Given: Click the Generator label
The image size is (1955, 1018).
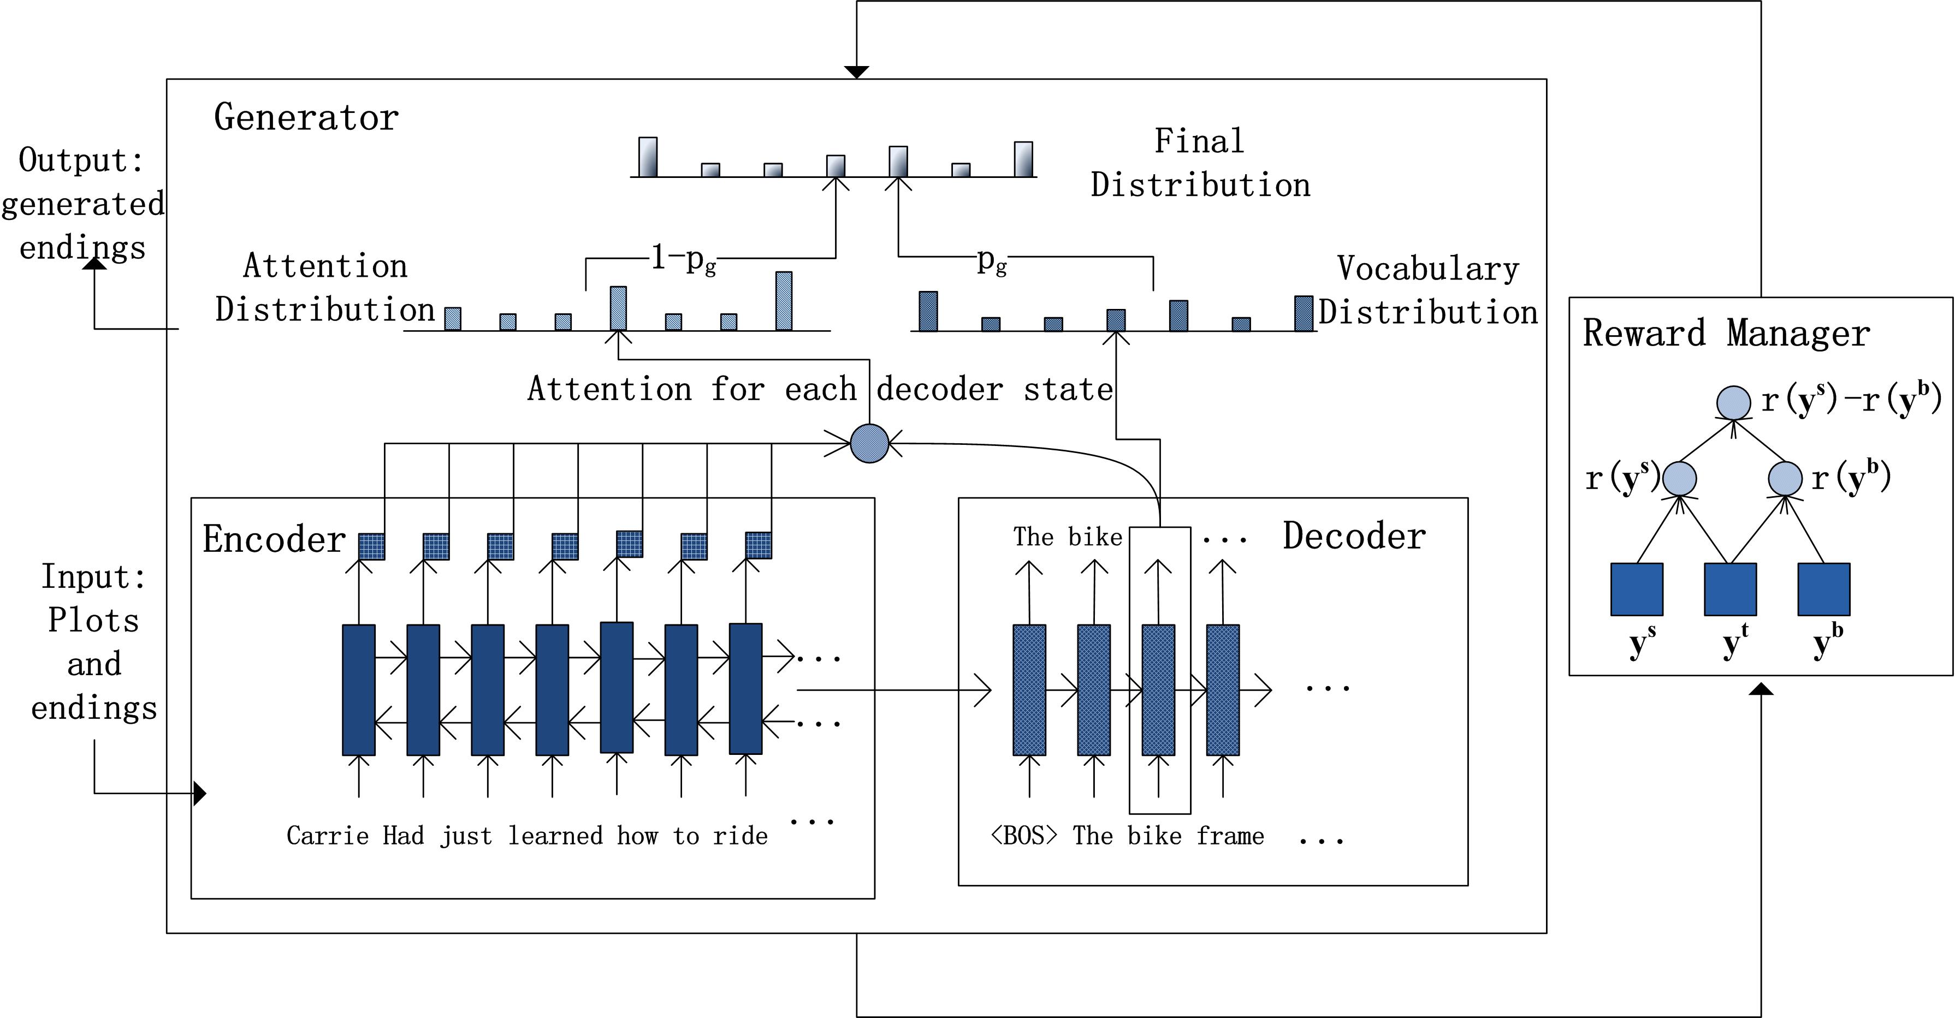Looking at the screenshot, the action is click(306, 117).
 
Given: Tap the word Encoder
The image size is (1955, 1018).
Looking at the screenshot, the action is click(274, 539).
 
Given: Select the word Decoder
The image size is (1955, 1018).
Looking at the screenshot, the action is click(1354, 537).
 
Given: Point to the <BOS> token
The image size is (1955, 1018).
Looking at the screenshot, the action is click(1024, 835).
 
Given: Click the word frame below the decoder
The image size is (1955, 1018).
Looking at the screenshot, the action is click(1230, 835).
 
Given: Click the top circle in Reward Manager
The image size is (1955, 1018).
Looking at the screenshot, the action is click(1734, 403).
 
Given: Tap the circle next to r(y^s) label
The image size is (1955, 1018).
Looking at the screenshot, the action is click(1680, 479).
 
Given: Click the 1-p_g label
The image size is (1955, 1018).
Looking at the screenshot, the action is click(683, 259).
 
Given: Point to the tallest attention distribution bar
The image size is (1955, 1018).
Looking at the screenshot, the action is click(784, 301).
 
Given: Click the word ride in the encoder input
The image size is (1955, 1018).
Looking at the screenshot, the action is click(740, 835).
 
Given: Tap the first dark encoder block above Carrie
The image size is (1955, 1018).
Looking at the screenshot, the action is click(359, 689).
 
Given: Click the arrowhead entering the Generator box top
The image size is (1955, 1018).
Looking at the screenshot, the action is click(856, 72).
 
